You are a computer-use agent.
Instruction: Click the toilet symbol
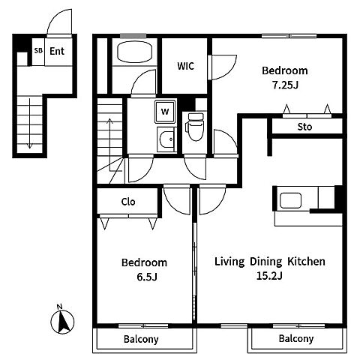click(x=195, y=127)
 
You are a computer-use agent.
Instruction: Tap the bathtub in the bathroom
click(x=134, y=52)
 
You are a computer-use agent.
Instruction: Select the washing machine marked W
click(x=165, y=112)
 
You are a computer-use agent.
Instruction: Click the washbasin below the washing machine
click(x=166, y=139)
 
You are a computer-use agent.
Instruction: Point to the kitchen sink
click(x=290, y=200)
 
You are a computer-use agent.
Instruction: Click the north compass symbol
click(x=62, y=319)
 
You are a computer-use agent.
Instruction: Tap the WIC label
click(x=185, y=66)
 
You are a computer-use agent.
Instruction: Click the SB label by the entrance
click(x=38, y=50)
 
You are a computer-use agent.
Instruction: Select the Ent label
click(x=57, y=51)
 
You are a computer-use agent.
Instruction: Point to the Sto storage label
click(x=304, y=127)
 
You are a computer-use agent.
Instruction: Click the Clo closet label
click(x=128, y=202)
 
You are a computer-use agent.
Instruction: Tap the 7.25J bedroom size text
click(x=285, y=85)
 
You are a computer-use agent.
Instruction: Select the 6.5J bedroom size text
click(x=147, y=277)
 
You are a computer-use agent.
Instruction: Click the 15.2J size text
click(x=269, y=276)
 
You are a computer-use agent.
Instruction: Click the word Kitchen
click(x=306, y=262)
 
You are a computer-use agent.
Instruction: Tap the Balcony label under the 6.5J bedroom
click(x=141, y=339)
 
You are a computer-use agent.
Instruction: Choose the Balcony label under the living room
click(x=296, y=339)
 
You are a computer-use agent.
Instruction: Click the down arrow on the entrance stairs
click(x=30, y=124)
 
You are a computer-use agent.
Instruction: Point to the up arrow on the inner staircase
click(x=110, y=145)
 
